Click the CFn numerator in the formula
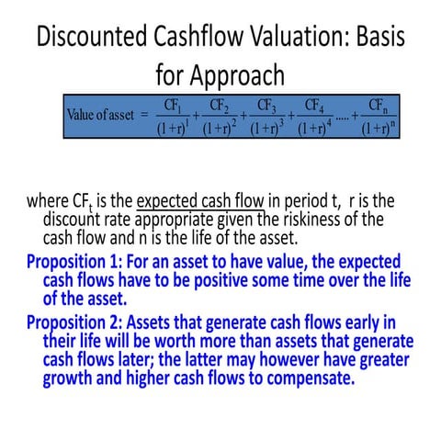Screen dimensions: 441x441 coord(379,106)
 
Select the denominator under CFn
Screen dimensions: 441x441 coord(379,127)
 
